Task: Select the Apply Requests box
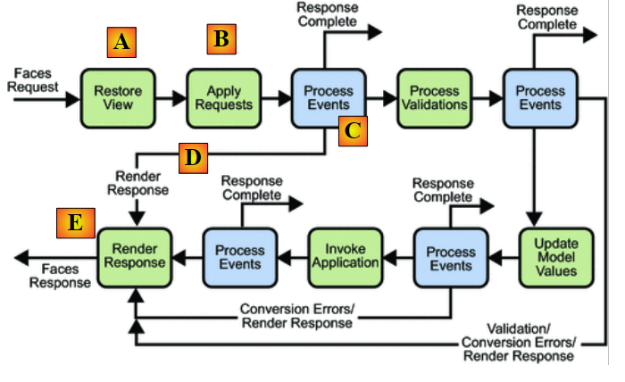point(218,96)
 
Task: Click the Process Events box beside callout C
point(327,96)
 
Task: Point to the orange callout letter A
point(122,42)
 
